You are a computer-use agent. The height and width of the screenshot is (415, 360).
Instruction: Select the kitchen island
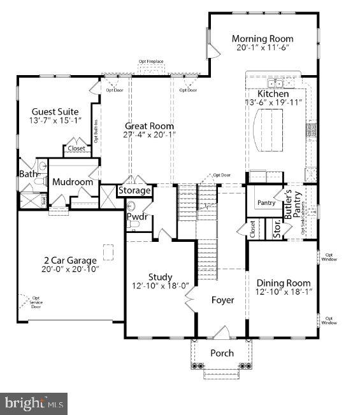(x=268, y=129)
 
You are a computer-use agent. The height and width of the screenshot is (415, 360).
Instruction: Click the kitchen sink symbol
(x=275, y=83)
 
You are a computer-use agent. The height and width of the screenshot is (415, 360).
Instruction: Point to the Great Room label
(x=149, y=126)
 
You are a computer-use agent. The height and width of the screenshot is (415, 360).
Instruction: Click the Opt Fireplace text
(x=151, y=62)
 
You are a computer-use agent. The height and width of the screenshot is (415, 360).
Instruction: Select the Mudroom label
(x=73, y=182)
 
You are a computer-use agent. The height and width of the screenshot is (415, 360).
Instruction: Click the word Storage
(x=134, y=190)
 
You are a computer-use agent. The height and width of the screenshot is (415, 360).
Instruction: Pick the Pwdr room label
(x=137, y=217)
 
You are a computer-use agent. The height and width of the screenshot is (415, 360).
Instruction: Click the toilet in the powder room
(x=132, y=206)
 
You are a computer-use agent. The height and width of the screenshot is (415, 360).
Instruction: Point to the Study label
(x=161, y=277)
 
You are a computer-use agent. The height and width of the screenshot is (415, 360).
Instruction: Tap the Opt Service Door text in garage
(x=36, y=302)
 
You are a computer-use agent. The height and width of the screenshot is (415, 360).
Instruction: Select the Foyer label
(x=222, y=300)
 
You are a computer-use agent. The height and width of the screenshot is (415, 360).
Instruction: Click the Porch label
(x=222, y=353)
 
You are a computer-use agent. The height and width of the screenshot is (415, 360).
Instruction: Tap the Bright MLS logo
(x=34, y=403)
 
